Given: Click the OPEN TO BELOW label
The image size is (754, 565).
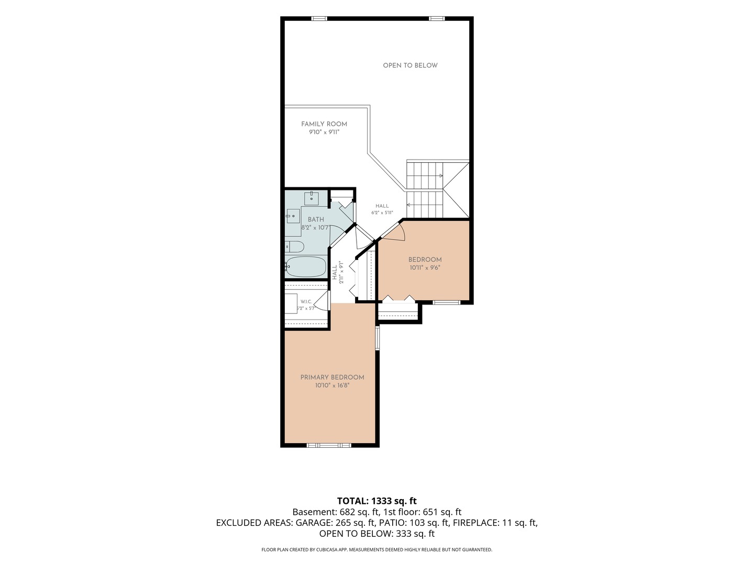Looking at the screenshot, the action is click(410, 65).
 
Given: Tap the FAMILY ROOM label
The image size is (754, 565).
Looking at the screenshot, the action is click(324, 124).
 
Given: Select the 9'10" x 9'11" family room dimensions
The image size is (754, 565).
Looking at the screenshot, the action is click(324, 132).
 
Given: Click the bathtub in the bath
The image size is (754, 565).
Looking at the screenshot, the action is click(306, 267).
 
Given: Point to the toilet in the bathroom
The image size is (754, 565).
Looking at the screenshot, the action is click(295, 246).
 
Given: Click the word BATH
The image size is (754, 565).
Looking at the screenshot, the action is click(316, 220).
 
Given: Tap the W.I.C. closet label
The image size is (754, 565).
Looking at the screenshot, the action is click(306, 301).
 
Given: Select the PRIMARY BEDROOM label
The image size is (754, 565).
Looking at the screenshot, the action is click(332, 377).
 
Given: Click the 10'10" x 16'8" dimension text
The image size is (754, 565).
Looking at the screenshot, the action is click(332, 385).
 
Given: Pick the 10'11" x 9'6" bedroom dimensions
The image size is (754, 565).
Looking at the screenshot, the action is click(425, 267).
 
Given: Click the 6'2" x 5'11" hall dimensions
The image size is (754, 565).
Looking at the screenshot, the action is click(382, 213).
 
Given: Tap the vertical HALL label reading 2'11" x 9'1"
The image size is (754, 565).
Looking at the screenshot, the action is click(338, 273).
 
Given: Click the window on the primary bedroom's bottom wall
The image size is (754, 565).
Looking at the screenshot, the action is click(329, 445).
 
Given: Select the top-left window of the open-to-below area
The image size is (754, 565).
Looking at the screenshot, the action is click(319, 18).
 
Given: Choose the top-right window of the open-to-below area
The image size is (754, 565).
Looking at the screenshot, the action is click(437, 18).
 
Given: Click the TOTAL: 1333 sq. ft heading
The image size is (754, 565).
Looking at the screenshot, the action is click(377, 501).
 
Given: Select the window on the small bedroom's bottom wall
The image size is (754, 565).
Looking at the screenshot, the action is click(446, 302).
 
